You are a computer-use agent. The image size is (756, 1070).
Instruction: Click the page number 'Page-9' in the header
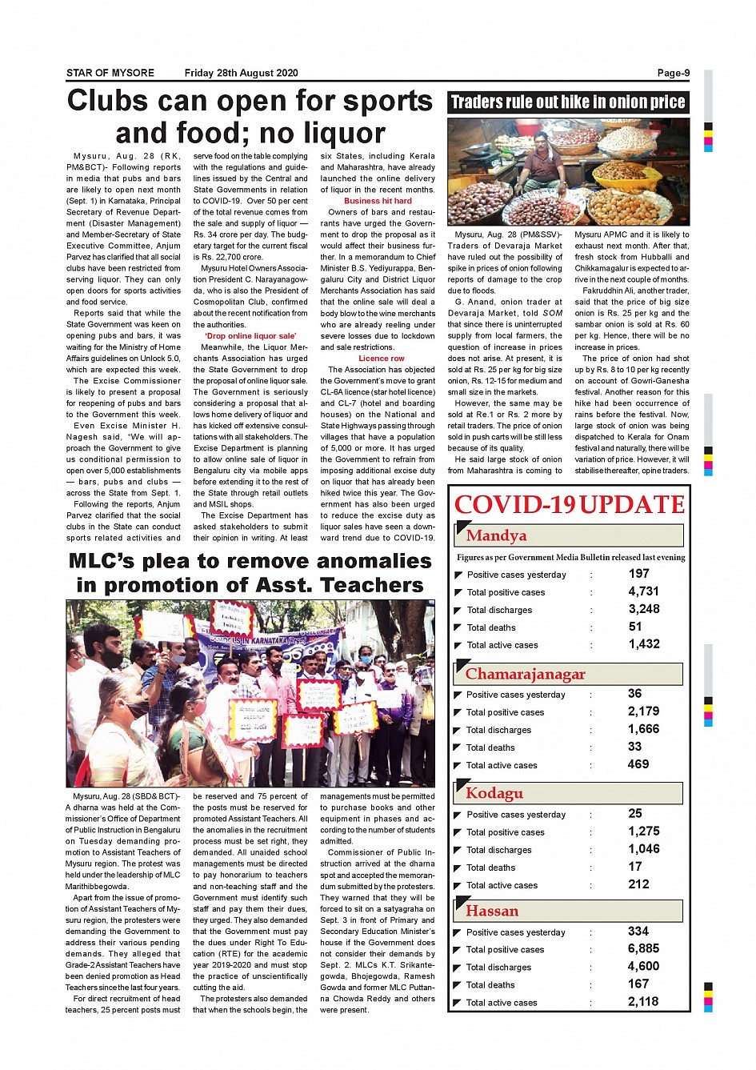[673, 73]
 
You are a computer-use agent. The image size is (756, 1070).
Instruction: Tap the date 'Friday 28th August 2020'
[241, 73]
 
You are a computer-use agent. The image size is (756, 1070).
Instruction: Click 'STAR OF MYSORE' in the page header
[110, 73]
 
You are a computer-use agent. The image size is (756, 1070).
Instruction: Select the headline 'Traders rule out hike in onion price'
[567, 102]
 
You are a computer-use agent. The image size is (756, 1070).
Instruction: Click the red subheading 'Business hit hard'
[378, 201]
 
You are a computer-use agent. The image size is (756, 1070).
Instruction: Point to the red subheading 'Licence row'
[381, 359]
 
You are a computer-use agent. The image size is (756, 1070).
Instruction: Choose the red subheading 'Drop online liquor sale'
[250, 336]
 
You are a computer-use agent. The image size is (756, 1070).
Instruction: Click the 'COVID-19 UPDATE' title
[569, 505]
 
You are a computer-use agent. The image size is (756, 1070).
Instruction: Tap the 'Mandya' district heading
[496, 535]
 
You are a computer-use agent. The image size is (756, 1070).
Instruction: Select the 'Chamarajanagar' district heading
[525, 674]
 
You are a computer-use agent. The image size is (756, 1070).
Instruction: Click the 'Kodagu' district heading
[494, 793]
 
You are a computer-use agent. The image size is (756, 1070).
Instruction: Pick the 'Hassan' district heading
[492, 911]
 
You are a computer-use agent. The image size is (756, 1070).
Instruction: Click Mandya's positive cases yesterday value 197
[638, 574]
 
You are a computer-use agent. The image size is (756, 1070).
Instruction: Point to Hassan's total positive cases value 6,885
[643, 948]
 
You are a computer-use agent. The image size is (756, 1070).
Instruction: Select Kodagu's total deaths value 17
[635, 867]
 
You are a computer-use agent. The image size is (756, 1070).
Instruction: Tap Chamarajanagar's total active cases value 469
[638, 764]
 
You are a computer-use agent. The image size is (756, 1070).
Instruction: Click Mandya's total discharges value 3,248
[643, 609]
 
